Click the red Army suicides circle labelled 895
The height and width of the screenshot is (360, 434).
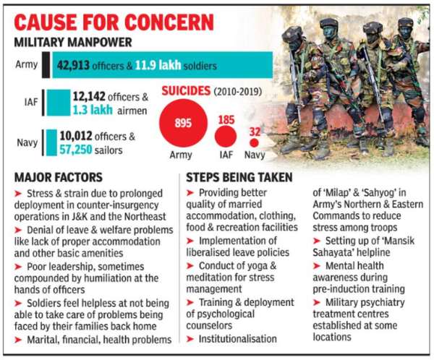[x=183, y=123]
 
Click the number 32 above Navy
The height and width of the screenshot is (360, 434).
[x=253, y=130]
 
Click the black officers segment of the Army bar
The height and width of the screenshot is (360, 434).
[x=46, y=66]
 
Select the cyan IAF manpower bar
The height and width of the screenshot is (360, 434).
[x=56, y=102]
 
